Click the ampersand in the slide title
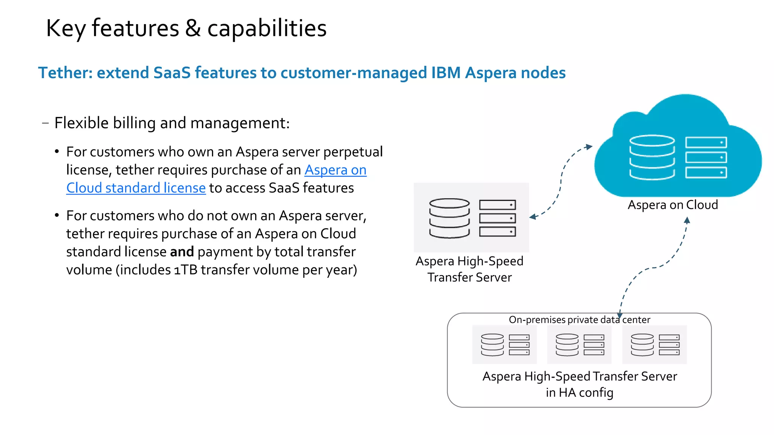(x=193, y=28)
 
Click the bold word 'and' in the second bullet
(x=182, y=252)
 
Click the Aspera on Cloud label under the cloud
(x=672, y=205)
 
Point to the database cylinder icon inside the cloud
(x=652, y=157)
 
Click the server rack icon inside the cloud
(x=706, y=157)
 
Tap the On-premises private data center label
(x=579, y=320)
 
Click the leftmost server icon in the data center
(x=505, y=344)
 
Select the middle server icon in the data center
(x=579, y=344)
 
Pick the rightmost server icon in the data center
(x=655, y=344)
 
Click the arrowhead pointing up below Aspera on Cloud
(x=687, y=220)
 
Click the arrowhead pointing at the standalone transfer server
(x=533, y=217)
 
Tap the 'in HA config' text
(x=579, y=393)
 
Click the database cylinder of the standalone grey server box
(x=449, y=218)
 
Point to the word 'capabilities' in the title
(x=267, y=28)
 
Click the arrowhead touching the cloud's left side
(x=588, y=147)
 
